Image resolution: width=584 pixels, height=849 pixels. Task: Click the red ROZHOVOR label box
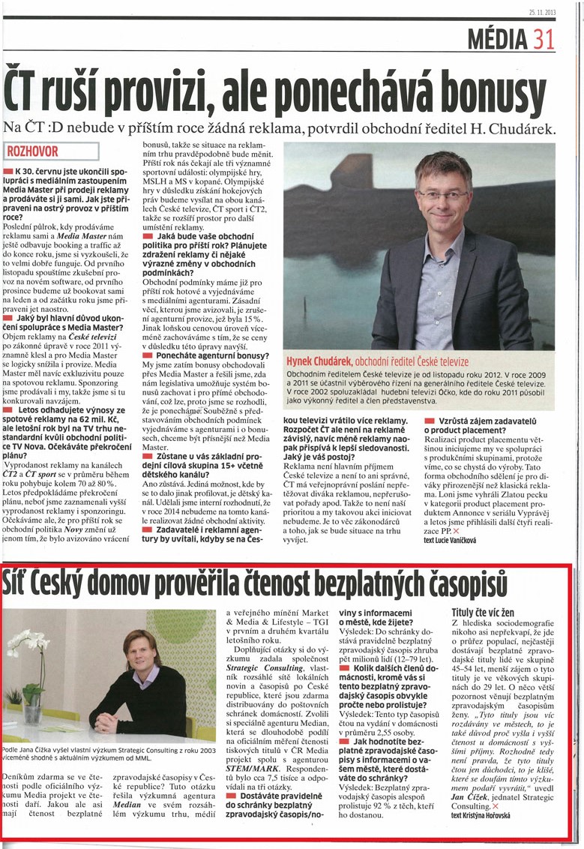52,151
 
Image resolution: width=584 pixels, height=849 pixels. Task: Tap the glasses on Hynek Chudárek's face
442,196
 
